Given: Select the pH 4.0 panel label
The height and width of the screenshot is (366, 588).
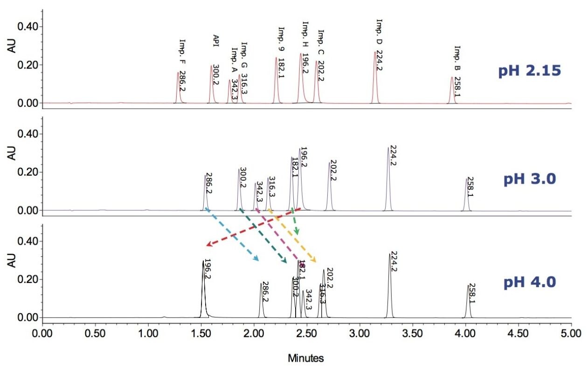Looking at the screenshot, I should point(530,283).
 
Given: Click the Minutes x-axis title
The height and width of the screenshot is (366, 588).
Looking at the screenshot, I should point(306,358).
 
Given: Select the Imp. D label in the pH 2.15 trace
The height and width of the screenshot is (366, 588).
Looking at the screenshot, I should point(379,32).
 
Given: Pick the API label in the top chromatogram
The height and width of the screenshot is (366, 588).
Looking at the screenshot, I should point(215,39).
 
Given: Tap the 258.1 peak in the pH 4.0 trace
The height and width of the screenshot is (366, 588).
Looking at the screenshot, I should point(468,301).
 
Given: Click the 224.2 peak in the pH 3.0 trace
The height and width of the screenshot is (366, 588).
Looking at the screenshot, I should point(387,177).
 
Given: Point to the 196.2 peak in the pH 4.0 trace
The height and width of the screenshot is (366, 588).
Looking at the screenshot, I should point(203,289).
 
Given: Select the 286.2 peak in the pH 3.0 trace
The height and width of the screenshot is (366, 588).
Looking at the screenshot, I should point(205,191).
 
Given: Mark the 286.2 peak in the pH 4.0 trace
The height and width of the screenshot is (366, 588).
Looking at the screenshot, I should point(261,299).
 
